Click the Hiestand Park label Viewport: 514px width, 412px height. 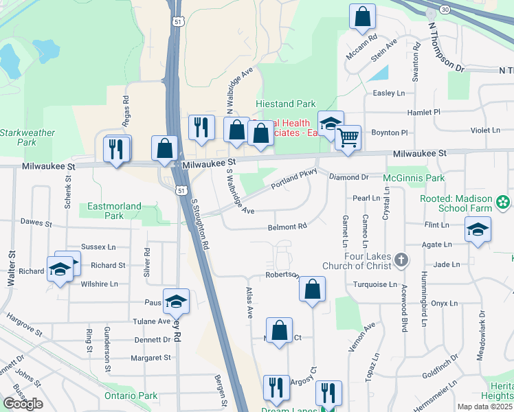tap(285, 104)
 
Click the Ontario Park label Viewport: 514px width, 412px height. tap(131, 396)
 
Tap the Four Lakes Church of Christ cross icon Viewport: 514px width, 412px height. tap(402, 260)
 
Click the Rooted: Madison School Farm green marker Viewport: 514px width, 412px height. tap(504, 202)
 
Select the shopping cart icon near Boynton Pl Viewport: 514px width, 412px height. tap(348, 137)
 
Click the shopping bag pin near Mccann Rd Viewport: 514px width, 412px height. tap(362, 16)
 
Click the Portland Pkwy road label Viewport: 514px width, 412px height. tap(293, 180)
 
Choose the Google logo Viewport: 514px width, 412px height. tap(23, 404)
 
